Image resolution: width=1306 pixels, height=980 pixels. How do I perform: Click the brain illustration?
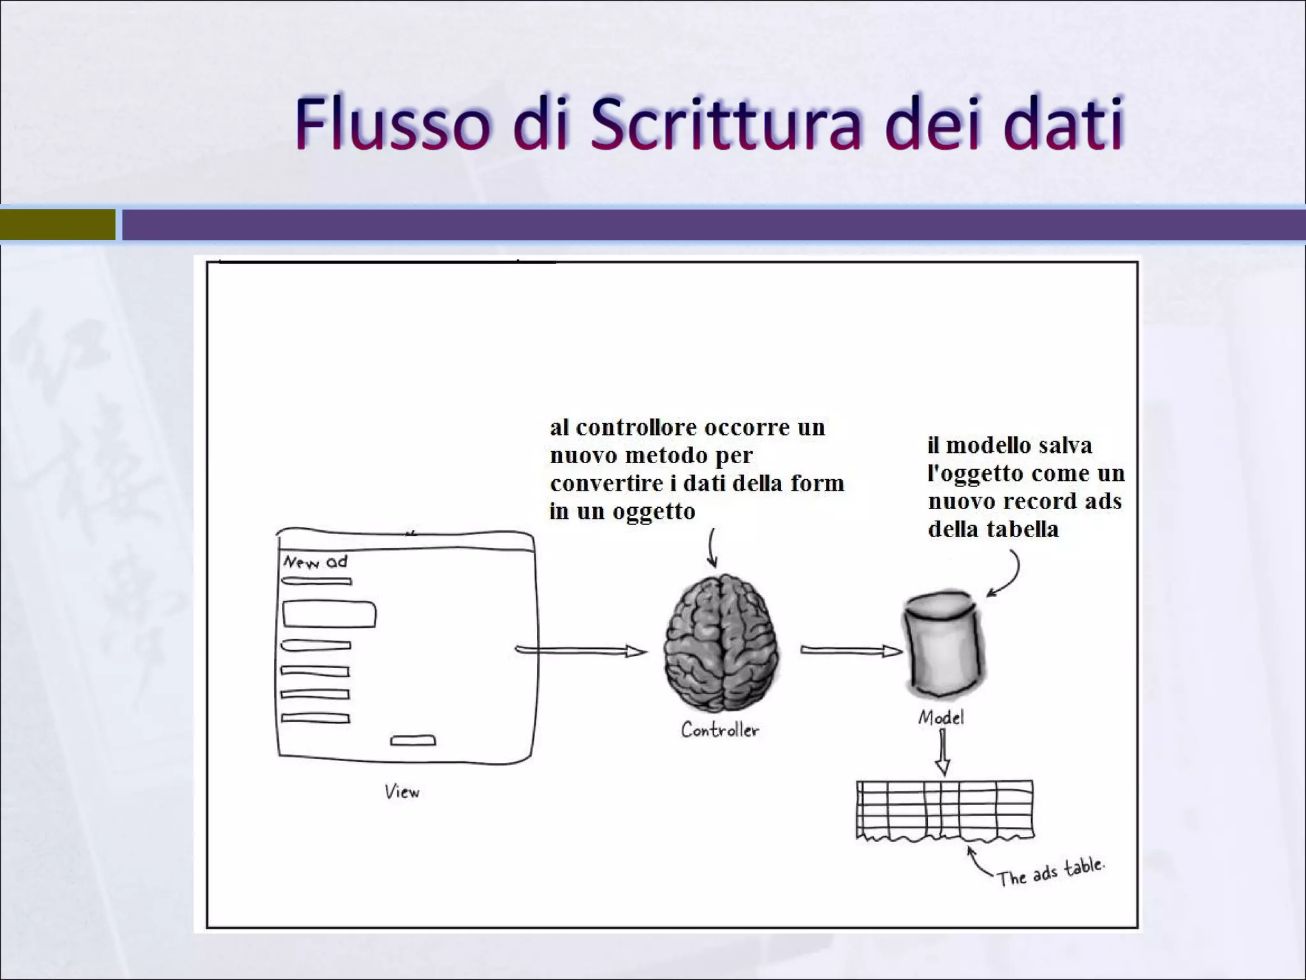(x=721, y=643)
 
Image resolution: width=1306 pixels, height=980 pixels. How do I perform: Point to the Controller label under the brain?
(x=720, y=730)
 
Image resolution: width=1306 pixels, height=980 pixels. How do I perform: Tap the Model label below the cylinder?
(x=941, y=718)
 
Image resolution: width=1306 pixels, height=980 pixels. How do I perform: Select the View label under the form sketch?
(x=402, y=792)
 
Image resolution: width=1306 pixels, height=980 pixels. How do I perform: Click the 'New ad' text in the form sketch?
(x=316, y=562)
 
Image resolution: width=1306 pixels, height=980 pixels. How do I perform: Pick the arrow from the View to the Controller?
(x=580, y=651)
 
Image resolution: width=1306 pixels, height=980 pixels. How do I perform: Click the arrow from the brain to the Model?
(x=851, y=651)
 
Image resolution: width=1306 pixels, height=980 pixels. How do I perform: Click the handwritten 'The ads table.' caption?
(x=1050, y=872)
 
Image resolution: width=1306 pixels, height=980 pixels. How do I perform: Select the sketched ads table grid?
(x=944, y=809)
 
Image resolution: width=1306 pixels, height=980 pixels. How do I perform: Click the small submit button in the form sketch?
(x=413, y=741)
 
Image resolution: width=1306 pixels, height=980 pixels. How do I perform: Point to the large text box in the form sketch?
(x=329, y=614)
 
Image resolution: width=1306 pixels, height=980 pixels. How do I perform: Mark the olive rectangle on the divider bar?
(x=57, y=225)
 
